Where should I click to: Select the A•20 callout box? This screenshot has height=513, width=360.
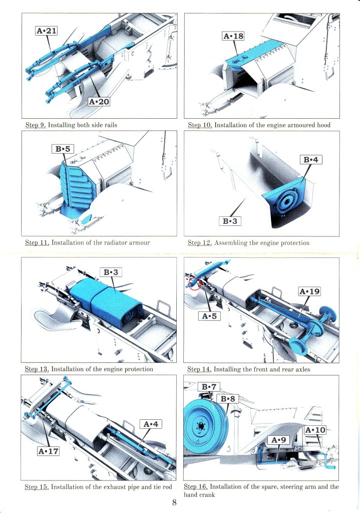99,102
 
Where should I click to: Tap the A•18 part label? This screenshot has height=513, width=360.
233,36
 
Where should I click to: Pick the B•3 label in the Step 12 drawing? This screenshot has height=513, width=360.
232,221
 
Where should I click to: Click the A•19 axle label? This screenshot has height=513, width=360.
309,292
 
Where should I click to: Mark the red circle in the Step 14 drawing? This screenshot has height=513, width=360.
194,284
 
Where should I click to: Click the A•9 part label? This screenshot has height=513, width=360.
280,440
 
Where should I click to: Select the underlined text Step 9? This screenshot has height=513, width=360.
36,125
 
